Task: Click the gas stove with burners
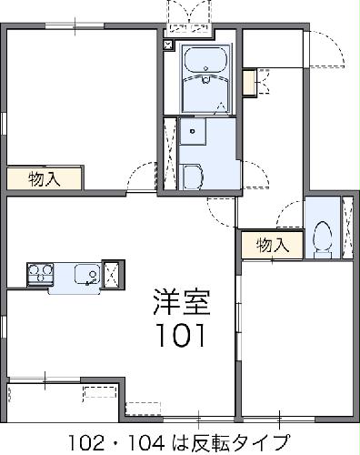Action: point(40,273)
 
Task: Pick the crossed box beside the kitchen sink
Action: point(112,273)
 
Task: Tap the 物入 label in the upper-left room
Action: point(45,178)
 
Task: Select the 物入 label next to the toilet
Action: point(272,245)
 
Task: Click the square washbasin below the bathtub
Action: point(194,135)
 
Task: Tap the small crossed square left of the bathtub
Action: point(168,43)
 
